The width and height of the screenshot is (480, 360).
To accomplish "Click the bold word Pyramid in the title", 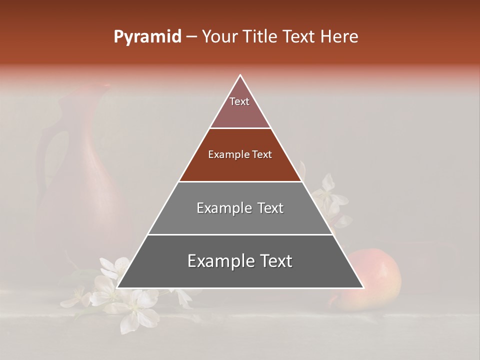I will click(x=147, y=36).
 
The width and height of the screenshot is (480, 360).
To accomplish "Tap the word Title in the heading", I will click(x=261, y=36).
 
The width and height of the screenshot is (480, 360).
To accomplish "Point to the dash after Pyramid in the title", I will click(x=191, y=37).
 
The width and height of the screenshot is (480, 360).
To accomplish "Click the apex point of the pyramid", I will click(x=240, y=75).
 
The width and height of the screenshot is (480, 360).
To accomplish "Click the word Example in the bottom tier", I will click(x=217, y=261).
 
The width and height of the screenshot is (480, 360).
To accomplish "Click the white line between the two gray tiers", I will click(x=240, y=234).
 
